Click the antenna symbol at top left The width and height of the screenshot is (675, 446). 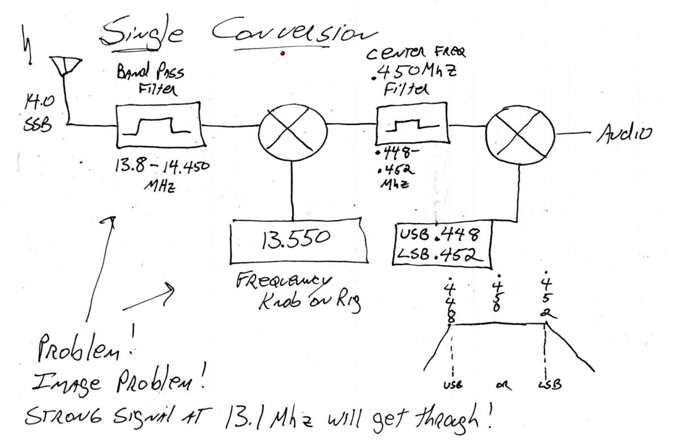click(66, 66)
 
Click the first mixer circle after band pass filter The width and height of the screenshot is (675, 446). click(292, 129)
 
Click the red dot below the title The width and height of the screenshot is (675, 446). click(283, 54)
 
